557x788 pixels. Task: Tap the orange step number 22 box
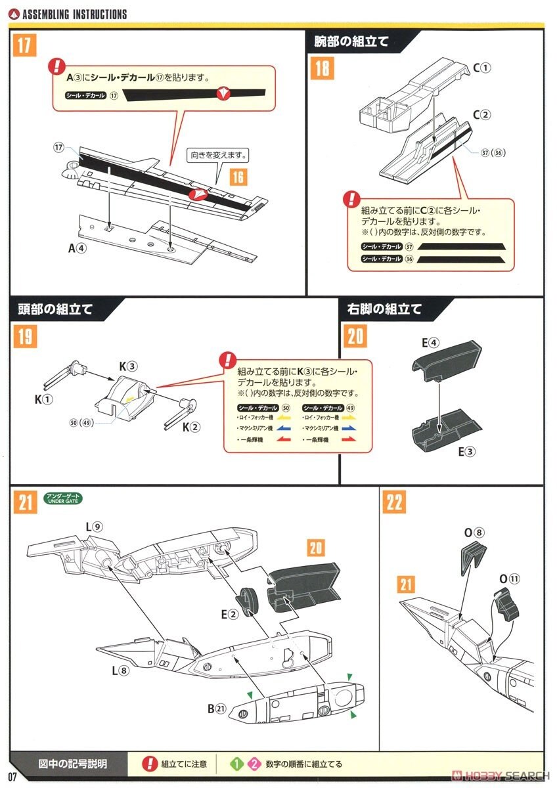point(393,503)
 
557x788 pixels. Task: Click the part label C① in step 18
point(481,68)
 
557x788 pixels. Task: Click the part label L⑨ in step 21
point(93,527)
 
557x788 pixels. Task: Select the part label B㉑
point(217,708)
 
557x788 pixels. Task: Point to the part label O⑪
point(509,579)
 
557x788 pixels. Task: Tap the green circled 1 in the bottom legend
point(237,764)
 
